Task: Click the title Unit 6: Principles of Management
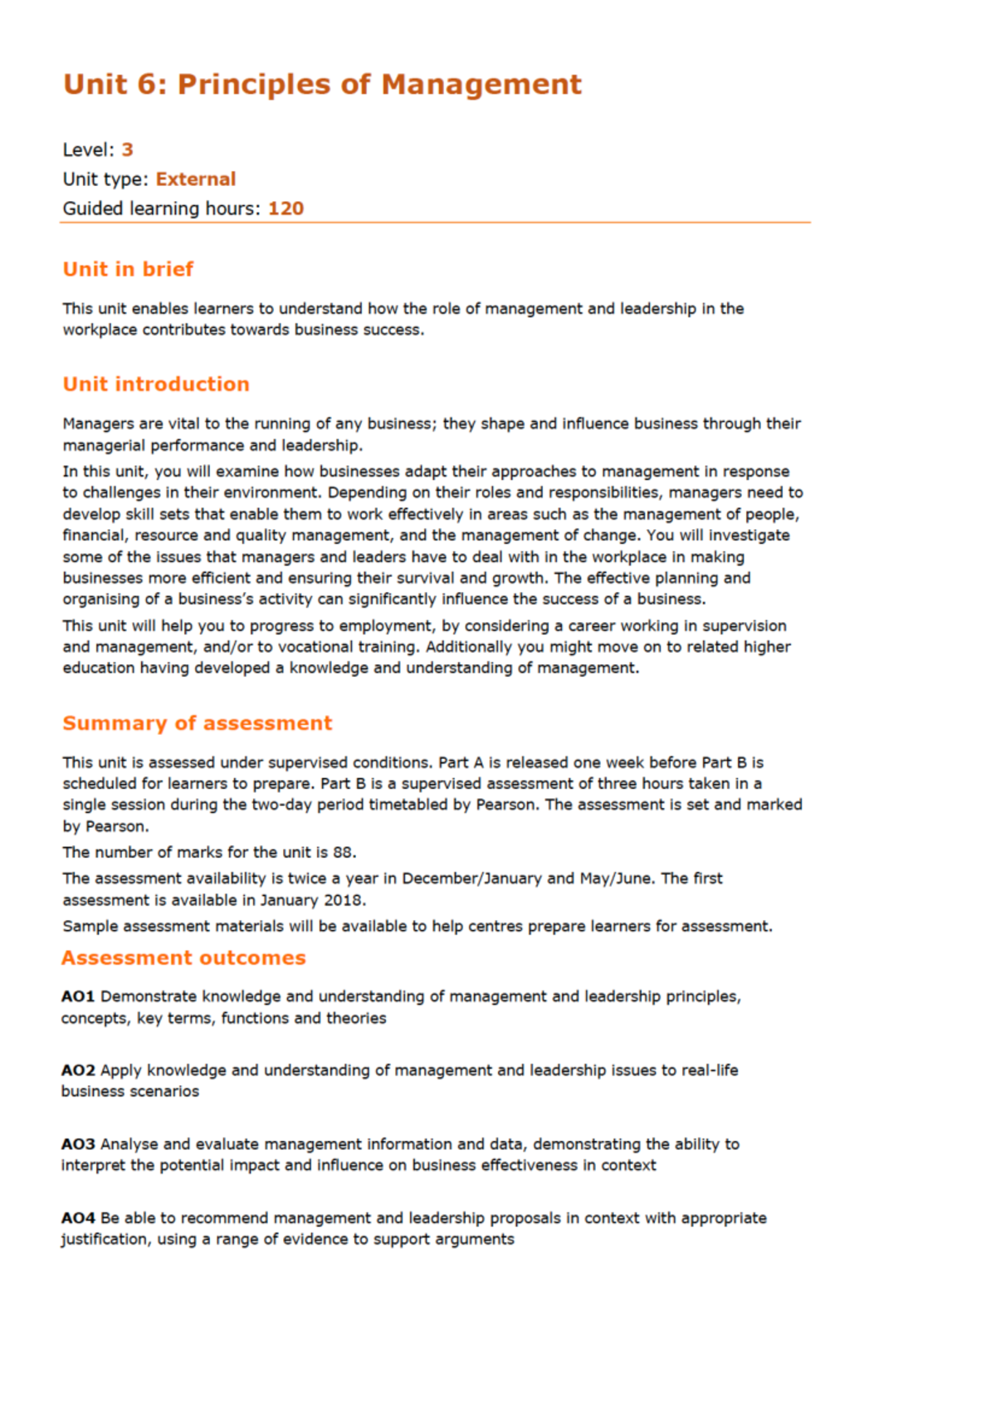click(x=322, y=85)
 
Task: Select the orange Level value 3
click(x=127, y=150)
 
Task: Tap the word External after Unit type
click(x=196, y=179)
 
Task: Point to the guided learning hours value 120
click(x=286, y=208)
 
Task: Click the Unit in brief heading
click(x=128, y=269)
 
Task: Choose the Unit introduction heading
click(x=156, y=384)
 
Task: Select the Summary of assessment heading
click(x=197, y=723)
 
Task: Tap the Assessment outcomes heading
click(x=183, y=958)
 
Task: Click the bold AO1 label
click(x=78, y=996)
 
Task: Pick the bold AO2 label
click(x=78, y=1070)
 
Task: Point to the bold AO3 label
click(x=78, y=1144)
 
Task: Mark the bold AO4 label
click(x=78, y=1218)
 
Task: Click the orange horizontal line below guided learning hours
click(x=436, y=223)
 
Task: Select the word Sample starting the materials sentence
click(x=89, y=927)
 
